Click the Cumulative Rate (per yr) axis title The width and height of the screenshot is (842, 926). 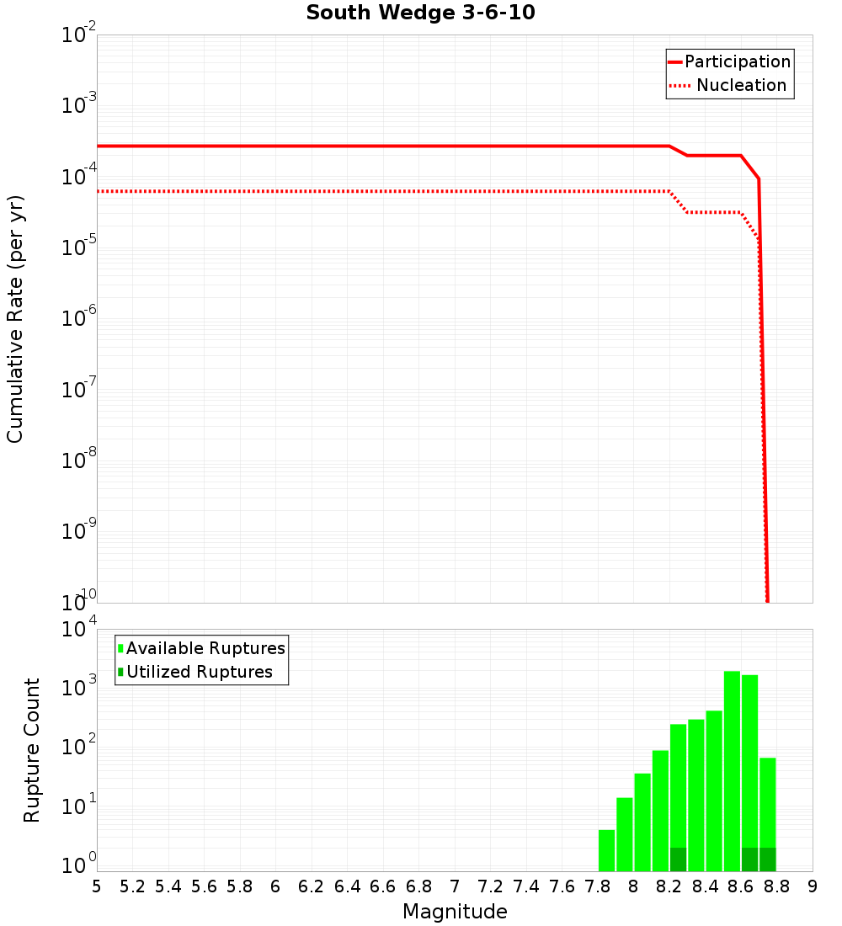(15, 319)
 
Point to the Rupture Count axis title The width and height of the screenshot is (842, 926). (32, 750)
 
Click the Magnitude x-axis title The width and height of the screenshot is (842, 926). (455, 912)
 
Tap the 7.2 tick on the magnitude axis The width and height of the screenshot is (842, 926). (490, 886)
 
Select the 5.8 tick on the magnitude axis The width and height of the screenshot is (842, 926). (240, 886)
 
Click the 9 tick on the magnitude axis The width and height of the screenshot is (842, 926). (813, 886)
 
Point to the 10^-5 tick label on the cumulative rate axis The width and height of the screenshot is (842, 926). (77, 247)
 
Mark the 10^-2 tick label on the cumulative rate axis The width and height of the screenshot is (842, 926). (77, 35)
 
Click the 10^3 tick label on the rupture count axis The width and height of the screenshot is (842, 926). (79, 688)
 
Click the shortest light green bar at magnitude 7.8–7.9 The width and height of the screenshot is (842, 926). (606, 850)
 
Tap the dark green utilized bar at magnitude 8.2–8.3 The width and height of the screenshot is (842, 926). (678, 859)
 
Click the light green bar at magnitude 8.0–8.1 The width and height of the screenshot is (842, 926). (642, 822)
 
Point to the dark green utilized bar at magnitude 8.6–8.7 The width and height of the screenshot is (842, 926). (749, 859)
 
